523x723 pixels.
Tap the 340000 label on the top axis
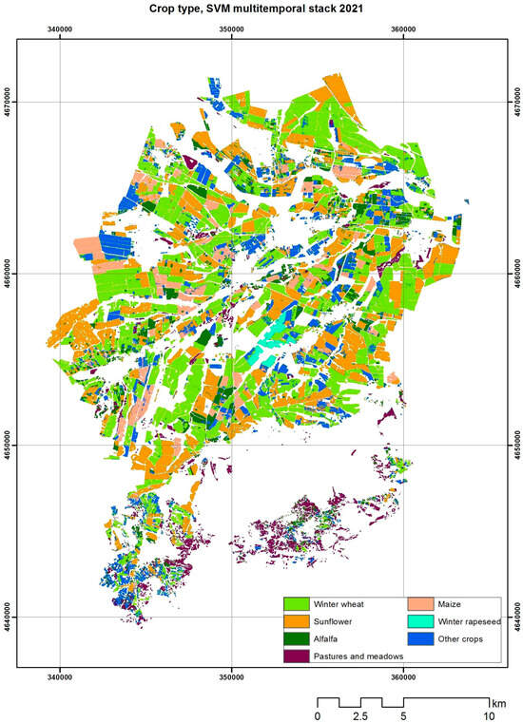60,29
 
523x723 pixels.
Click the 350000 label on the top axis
231,29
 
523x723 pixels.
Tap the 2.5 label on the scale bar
360,715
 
